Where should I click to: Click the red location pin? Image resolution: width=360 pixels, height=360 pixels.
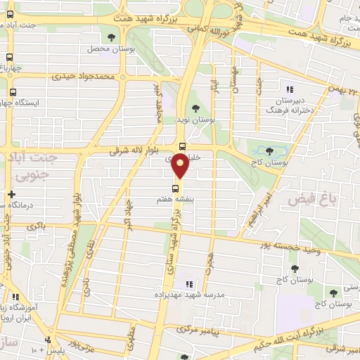(x=181, y=165)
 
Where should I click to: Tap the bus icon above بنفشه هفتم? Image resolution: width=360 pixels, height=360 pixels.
(x=175, y=188)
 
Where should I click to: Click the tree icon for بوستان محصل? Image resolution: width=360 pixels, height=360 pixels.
(x=110, y=37)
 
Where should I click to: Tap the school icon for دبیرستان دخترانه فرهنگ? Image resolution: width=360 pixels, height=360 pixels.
(x=290, y=89)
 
